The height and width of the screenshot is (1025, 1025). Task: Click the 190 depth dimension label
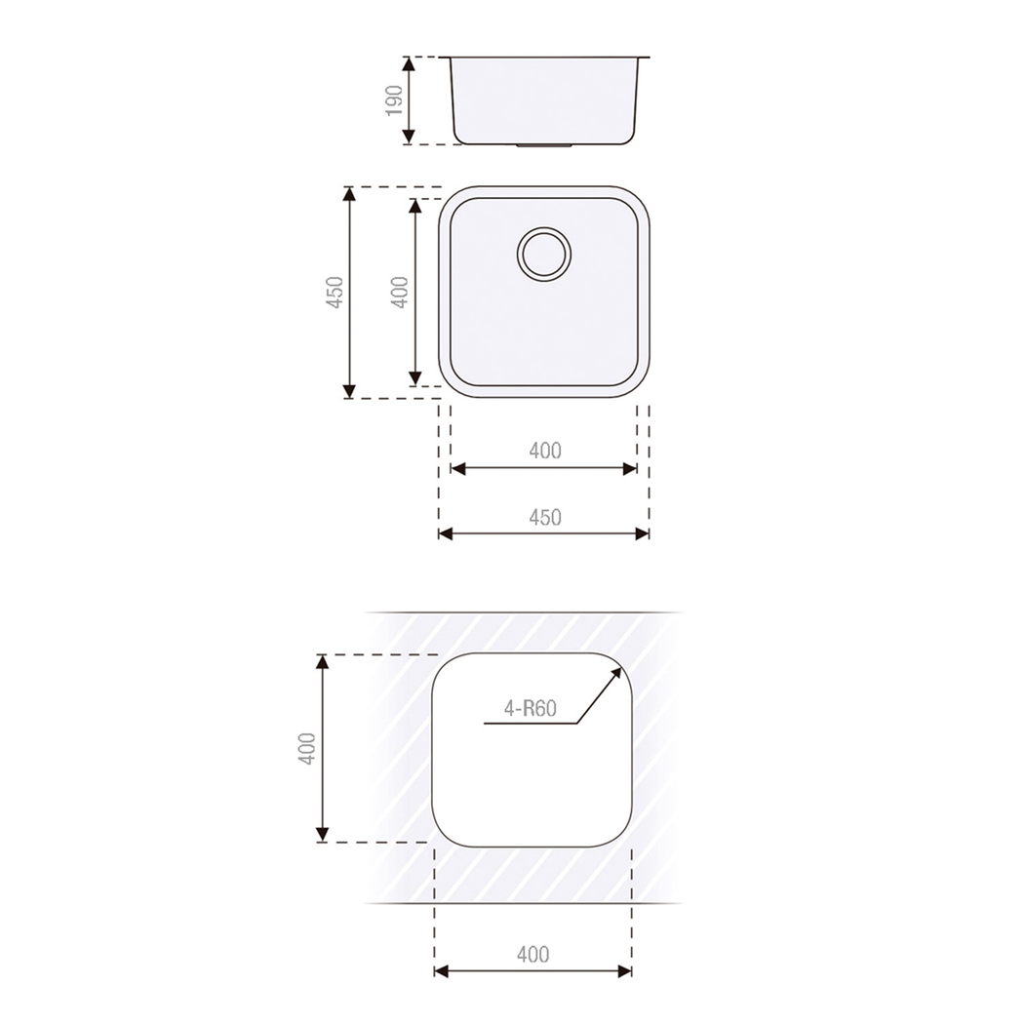[x=394, y=100]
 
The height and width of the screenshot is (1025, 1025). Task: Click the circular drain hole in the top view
[x=543, y=255]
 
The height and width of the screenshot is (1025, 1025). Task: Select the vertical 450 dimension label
[x=335, y=293]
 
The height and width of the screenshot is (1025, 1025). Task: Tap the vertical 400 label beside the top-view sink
[x=400, y=293]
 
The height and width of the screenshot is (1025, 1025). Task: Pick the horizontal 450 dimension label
[x=544, y=517]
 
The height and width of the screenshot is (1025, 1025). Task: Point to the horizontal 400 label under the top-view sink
[x=544, y=451]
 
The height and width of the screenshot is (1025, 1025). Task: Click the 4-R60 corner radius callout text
[x=530, y=709]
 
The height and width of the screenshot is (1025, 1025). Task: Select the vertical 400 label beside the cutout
[x=308, y=748]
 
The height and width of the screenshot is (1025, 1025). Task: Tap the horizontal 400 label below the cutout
[x=532, y=955]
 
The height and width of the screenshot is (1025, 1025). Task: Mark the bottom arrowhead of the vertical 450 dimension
[x=349, y=392]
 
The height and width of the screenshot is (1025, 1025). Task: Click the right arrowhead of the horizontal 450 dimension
[x=644, y=533]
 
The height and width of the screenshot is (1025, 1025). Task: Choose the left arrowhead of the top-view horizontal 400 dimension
[x=456, y=468]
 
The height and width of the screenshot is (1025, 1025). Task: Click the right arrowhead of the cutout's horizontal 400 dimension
[x=626, y=971]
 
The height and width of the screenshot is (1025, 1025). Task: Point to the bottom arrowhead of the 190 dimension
[x=411, y=138]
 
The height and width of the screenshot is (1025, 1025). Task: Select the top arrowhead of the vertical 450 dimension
[x=349, y=192]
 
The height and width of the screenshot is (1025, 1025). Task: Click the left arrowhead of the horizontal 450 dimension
[x=445, y=533]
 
